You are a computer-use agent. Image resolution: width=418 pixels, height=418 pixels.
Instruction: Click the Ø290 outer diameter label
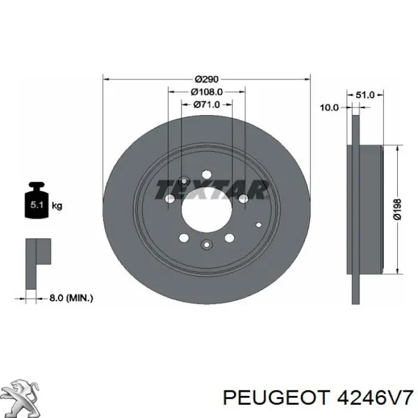207,79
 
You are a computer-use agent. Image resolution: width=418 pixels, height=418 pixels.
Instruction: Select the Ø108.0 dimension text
207,92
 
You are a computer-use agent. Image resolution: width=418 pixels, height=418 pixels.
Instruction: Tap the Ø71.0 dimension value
207,105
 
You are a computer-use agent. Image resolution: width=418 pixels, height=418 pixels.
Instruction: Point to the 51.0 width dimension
365,94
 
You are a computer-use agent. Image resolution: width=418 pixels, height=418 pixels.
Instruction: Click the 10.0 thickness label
329,107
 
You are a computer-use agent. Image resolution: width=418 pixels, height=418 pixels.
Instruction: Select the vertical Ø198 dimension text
397,209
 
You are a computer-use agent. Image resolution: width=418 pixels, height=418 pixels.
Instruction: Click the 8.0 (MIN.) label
71,298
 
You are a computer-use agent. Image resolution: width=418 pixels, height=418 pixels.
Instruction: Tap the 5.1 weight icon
36,200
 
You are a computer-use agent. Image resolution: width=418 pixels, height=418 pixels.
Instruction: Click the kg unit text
57,205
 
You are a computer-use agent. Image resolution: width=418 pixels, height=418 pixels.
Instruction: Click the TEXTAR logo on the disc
211,189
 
